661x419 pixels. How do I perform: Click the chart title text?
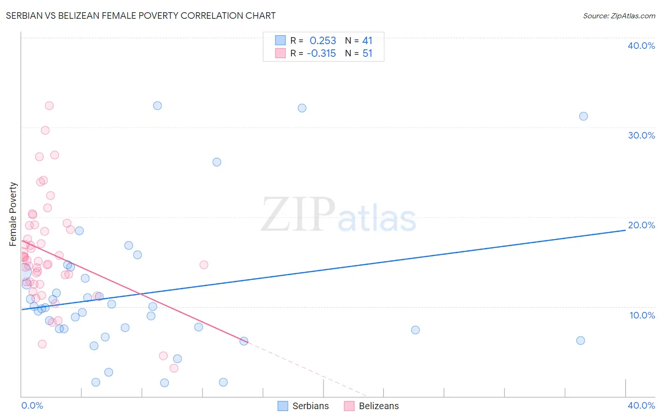(141, 16)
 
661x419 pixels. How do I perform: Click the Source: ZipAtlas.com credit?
(619, 16)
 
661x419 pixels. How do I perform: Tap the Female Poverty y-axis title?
(13, 214)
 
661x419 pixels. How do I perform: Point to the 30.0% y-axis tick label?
(641, 135)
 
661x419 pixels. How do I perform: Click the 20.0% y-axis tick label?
(641, 225)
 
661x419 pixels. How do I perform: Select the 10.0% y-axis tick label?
(642, 315)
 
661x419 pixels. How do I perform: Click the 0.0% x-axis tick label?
(32, 405)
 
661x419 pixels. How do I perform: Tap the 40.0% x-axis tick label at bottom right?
(641, 405)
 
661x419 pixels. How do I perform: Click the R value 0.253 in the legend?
(323, 41)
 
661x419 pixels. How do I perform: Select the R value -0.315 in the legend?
(321, 54)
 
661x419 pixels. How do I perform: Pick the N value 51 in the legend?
(367, 54)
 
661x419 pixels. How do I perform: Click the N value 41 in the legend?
(367, 41)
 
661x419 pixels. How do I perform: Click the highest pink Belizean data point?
(49, 106)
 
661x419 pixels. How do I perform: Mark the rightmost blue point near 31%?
(583, 116)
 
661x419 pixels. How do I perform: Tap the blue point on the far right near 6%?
(581, 341)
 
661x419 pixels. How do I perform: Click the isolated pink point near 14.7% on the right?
(204, 264)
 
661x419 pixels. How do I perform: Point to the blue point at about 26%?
(217, 162)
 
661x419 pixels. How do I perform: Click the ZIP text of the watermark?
(298, 215)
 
